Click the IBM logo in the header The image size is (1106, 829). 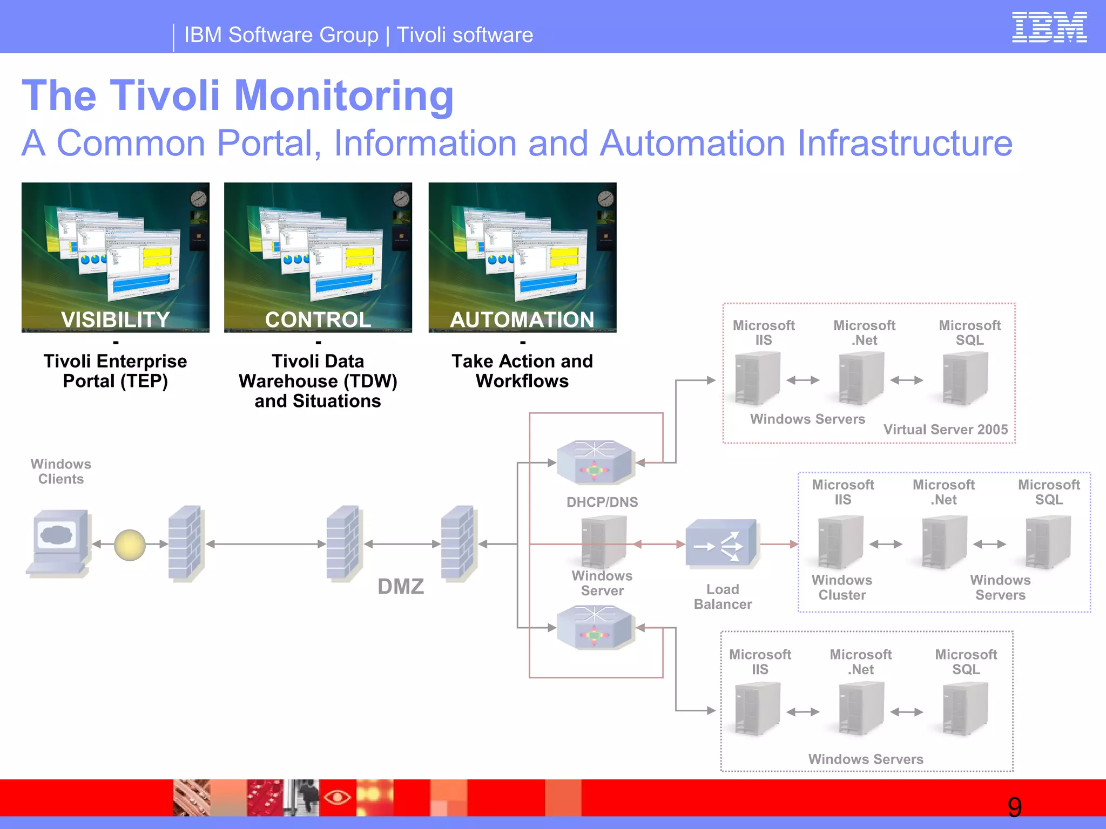(1049, 28)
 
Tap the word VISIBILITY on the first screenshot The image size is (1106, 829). (116, 320)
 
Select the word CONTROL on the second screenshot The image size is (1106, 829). (318, 320)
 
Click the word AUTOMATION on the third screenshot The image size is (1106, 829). (522, 320)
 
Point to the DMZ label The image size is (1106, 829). (401, 586)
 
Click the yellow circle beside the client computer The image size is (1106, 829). (130, 545)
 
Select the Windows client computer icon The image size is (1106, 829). (58, 542)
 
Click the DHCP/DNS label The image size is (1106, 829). (602, 502)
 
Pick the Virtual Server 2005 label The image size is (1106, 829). (946, 430)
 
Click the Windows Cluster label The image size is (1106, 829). (842, 587)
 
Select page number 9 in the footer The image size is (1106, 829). (1015, 807)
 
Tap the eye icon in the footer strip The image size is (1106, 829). (338, 797)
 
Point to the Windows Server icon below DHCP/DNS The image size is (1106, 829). (603, 541)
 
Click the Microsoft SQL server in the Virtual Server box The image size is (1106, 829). (966, 378)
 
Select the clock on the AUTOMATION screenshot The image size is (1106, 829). (605, 199)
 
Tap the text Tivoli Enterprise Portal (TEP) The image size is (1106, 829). (116, 371)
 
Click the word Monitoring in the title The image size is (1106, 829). (344, 96)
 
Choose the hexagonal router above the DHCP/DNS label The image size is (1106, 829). (594, 462)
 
